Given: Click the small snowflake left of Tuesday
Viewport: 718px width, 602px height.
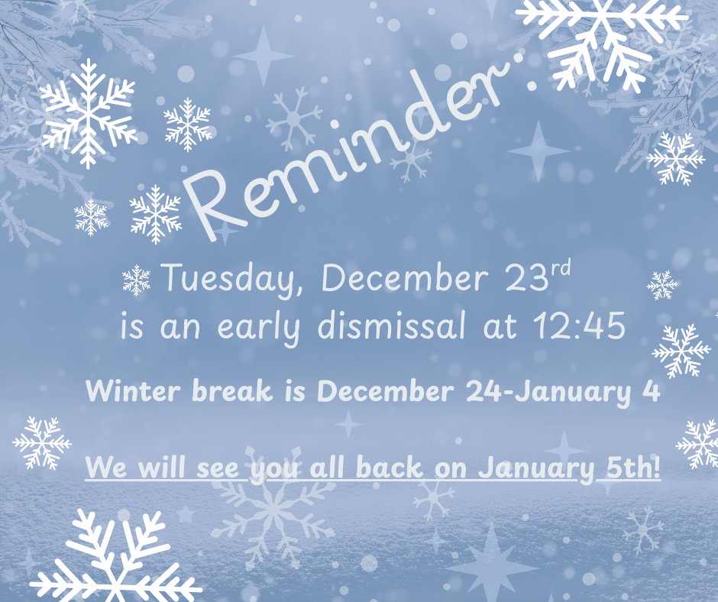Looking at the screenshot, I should pos(137,280).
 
